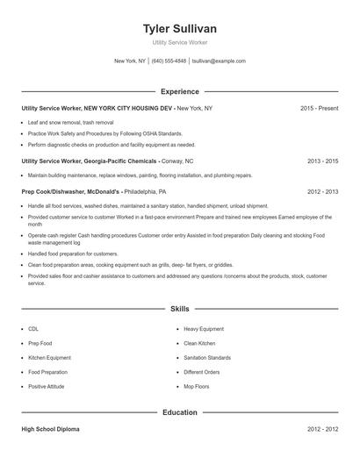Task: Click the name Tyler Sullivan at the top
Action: coord(180,28)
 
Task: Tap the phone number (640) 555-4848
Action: coord(169,61)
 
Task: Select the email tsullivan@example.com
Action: coord(219,61)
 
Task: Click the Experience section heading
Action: coord(180,91)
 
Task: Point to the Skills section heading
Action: coord(180,309)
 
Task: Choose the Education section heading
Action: coord(180,411)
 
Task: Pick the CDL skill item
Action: coord(32,328)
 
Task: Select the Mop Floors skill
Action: coord(196,386)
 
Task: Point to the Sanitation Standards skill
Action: coord(207,357)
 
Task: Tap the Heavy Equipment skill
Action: coord(204,328)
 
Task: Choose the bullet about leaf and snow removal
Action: coord(70,122)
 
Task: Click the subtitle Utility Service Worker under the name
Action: coord(180,43)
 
